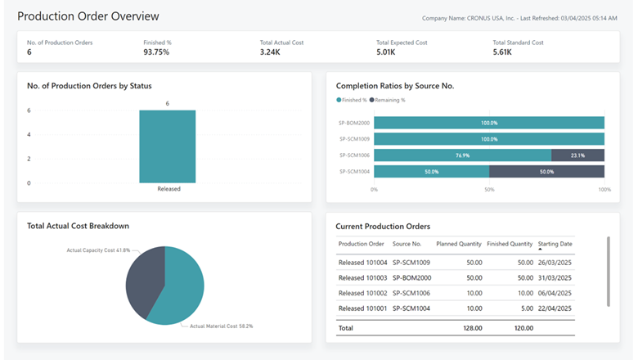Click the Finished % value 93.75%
(x=156, y=52)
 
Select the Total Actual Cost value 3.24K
(x=272, y=52)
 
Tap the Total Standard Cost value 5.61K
(x=502, y=52)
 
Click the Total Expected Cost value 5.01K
(x=387, y=52)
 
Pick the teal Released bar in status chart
(x=167, y=146)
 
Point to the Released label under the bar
(x=168, y=189)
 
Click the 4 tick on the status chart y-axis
(x=29, y=134)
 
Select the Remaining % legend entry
(x=389, y=100)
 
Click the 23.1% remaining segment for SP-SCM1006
(x=577, y=155)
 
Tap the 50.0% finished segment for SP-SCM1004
(x=432, y=171)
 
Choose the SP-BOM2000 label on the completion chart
(x=355, y=123)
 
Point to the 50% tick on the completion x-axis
(x=489, y=189)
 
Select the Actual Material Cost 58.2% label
(x=221, y=326)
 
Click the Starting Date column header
(x=555, y=244)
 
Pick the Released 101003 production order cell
(x=362, y=277)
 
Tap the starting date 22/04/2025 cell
(x=555, y=308)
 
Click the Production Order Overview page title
(x=88, y=16)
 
